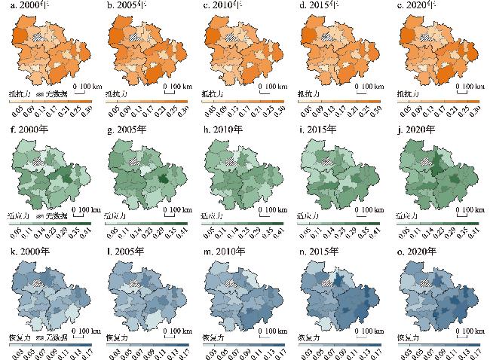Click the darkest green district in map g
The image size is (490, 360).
click(x=160, y=179)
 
